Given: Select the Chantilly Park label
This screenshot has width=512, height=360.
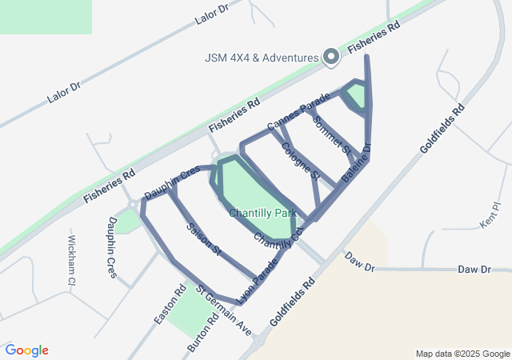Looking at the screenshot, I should pos(262,213).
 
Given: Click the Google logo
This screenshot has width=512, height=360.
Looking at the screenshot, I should pos(26,350).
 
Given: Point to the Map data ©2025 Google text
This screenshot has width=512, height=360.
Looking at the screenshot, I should pos(462,354).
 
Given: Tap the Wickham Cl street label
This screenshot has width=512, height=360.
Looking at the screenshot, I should pos(70,261).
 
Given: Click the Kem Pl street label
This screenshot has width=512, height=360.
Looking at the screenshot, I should pos(490,217).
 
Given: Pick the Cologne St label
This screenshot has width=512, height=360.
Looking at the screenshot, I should pos(300,160).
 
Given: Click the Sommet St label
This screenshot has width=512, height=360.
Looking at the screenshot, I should pos(332,134).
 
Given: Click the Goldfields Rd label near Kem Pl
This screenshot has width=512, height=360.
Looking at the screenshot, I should pos(442,127).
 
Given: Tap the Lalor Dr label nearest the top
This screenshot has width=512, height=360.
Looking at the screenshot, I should pos(211,13).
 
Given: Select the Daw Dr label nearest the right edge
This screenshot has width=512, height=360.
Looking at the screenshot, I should pos(474,270).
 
